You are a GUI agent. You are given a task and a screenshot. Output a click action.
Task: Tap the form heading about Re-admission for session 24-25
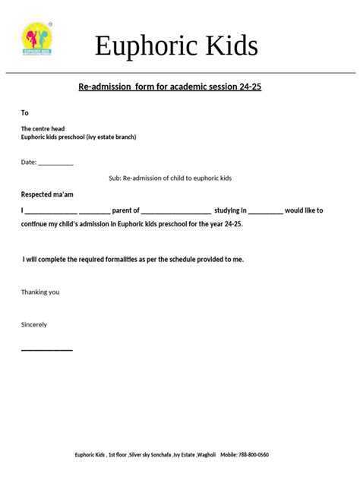pyautogui.click(x=169, y=87)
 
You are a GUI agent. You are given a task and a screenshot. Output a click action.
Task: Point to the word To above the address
pyautogui.click(x=24, y=112)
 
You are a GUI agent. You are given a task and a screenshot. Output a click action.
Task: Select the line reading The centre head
pyautogui.click(x=43, y=129)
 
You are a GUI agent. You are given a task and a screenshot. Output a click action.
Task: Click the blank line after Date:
pyautogui.click(x=55, y=163)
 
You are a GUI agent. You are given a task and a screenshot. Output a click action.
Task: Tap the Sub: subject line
pyautogui.click(x=170, y=178)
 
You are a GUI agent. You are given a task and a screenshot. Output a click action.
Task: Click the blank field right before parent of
pyautogui.click(x=94, y=212)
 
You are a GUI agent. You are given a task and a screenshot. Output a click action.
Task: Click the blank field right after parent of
pyautogui.click(x=175, y=212)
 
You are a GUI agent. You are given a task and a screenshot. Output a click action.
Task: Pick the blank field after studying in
pyautogui.click(x=265, y=212)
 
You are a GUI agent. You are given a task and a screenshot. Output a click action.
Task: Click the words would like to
pyautogui.click(x=304, y=210)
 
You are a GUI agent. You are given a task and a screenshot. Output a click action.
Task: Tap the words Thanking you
pyautogui.click(x=40, y=292)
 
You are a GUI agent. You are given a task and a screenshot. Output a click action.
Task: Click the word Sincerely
pyautogui.click(x=34, y=324)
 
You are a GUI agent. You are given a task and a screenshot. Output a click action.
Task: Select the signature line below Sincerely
pyautogui.click(x=46, y=349)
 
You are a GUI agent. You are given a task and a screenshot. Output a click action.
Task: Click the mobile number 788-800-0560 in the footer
pyautogui.click(x=254, y=455)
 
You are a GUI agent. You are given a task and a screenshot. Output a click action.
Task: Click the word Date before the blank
pyautogui.click(x=27, y=162)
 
